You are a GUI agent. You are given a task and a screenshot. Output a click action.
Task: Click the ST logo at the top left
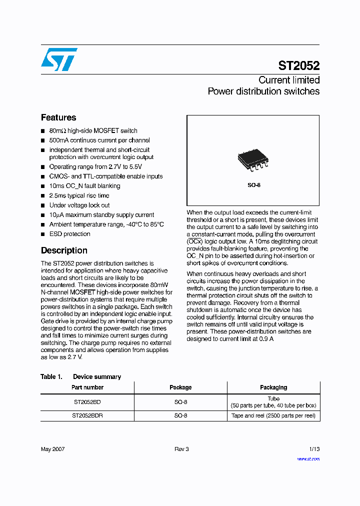59,59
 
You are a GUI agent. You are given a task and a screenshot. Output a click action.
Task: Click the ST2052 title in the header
298,66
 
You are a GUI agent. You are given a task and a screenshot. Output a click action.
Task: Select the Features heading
58,117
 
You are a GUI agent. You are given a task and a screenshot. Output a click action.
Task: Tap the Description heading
64,250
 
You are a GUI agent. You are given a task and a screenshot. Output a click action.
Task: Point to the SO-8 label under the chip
254,185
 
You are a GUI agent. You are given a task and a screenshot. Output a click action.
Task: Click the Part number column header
87,387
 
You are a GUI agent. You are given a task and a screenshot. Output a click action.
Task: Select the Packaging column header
273,387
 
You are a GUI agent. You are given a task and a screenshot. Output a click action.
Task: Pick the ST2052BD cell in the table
87,402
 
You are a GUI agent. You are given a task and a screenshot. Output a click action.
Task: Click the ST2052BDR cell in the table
87,416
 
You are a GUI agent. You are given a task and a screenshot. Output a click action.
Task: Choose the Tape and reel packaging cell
273,416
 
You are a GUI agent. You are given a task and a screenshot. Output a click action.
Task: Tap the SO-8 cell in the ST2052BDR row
180,416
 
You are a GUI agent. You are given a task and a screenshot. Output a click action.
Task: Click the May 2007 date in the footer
52,449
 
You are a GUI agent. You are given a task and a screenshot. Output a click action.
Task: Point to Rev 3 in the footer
181,449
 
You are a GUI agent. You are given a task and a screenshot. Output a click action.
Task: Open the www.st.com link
308,459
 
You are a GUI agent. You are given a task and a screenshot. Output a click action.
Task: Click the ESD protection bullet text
69,234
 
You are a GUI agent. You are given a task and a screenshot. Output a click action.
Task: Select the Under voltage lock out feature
79,205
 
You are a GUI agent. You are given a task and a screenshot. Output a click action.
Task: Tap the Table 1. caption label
51,376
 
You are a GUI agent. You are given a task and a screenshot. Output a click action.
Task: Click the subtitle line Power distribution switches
263,91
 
